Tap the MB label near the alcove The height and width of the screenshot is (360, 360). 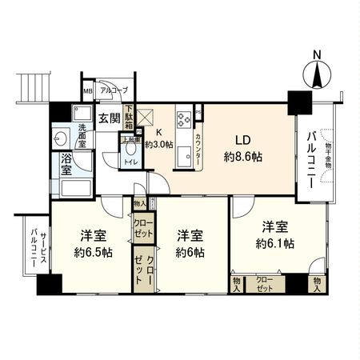(88, 91)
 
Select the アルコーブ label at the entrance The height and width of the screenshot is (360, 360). (114, 91)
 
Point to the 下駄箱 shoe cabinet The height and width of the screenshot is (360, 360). (129, 117)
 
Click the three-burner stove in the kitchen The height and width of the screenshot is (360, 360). (182, 119)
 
